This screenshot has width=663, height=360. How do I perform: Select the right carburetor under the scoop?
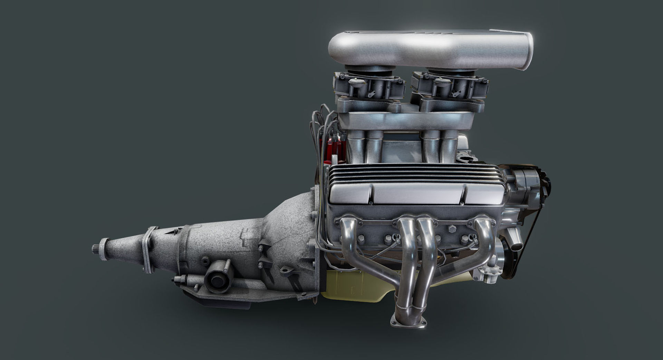click(x=449, y=86)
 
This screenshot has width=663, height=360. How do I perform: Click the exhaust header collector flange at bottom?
click(x=409, y=322)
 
